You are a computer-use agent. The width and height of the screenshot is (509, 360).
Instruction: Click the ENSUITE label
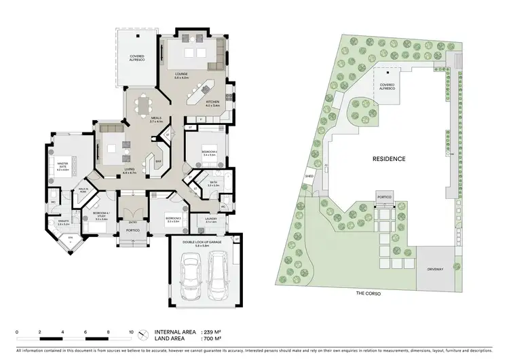coord(63,221)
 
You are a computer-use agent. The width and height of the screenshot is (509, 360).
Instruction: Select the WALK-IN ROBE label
coord(84,190)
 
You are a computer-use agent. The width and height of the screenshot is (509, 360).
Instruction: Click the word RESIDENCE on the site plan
coord(389,159)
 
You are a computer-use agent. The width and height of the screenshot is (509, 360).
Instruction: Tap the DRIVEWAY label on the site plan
coord(435,270)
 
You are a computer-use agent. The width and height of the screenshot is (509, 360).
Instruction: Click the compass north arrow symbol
coord(143,335)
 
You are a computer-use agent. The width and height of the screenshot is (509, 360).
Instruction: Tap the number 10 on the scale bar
coord(131,331)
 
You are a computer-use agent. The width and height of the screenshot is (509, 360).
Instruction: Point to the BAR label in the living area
coord(157,162)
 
